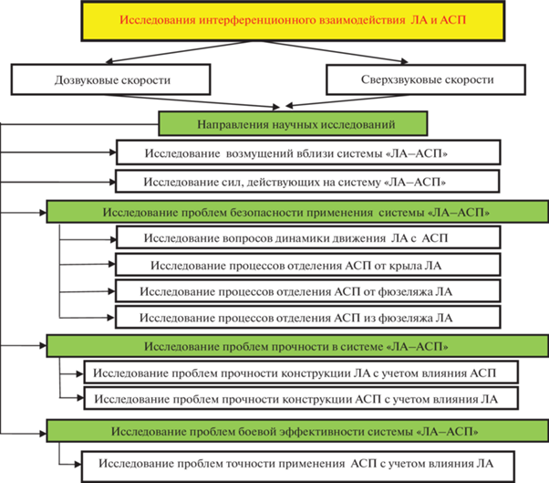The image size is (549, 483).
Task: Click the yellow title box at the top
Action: pos(293,20)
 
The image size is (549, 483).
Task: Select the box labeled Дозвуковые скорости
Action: pos(110,79)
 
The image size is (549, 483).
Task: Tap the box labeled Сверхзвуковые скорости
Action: pos(426,79)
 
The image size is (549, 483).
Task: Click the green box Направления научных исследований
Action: pos(293,124)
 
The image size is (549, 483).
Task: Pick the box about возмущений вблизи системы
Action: pos(308,152)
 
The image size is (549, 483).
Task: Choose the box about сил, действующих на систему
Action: pos(307,182)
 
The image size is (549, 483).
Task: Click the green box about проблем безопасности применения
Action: pos(297,212)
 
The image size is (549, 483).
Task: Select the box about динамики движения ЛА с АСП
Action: pos(308,237)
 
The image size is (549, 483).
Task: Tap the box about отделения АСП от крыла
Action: pos(307,265)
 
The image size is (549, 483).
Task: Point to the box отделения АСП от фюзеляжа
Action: pos(307,291)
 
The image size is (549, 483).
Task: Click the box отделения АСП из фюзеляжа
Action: pos(307,317)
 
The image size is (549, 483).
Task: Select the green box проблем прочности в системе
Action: pos(297,346)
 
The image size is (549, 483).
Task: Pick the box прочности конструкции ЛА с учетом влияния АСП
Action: pos(301,373)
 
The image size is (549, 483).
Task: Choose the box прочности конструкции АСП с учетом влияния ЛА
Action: pos(301,398)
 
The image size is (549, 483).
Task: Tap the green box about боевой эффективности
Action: pos(297,431)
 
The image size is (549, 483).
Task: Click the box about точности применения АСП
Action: pos(298,467)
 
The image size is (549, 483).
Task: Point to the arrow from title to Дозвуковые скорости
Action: pos(178,52)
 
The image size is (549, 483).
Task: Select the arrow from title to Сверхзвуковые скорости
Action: pos(336,52)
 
